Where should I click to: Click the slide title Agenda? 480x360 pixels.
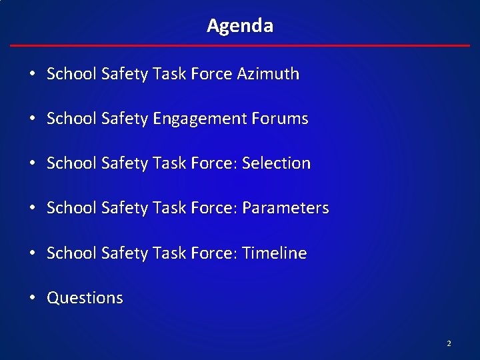pyautogui.click(x=240, y=26)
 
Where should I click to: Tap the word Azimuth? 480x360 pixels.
pyautogui.click(x=268, y=74)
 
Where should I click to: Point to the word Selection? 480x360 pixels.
pyautogui.click(x=277, y=163)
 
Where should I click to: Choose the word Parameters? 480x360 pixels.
pyautogui.click(x=285, y=208)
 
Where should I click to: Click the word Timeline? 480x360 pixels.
pyautogui.click(x=275, y=253)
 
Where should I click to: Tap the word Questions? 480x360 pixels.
pyautogui.click(x=85, y=298)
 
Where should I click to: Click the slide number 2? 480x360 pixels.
pyautogui.click(x=449, y=343)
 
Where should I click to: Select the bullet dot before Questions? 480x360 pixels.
pyautogui.click(x=33, y=298)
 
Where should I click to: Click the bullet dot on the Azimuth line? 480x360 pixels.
pyautogui.click(x=33, y=74)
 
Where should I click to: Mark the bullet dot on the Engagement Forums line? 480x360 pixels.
pyautogui.click(x=33, y=119)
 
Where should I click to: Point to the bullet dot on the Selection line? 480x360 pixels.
pyautogui.click(x=33, y=163)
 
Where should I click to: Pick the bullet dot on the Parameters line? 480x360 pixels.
pyautogui.click(x=33, y=208)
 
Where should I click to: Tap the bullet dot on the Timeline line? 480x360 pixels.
pyautogui.click(x=33, y=253)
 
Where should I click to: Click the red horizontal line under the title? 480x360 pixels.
pyautogui.click(x=240, y=45)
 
